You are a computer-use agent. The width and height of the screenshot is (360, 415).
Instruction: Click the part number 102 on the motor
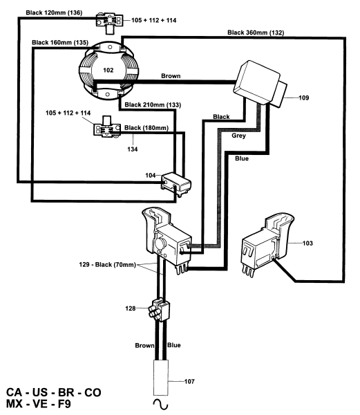pos(108,70)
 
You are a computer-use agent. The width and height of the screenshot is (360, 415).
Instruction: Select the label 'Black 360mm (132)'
pos(256,33)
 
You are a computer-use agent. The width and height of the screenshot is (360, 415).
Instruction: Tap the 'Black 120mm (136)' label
pos(54,12)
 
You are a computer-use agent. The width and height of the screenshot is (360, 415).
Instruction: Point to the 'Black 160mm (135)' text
pos(60,42)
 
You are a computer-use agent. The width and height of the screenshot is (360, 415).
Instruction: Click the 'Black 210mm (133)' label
pos(153,105)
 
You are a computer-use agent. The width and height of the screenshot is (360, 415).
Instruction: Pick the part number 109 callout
pos(304,98)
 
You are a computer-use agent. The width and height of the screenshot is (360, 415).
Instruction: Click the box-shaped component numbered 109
pos(260,84)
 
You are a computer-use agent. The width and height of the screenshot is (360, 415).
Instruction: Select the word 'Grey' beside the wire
pos(238,136)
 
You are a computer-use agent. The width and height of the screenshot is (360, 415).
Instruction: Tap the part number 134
pos(133,149)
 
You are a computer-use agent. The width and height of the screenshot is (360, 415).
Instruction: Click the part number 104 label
pos(151,175)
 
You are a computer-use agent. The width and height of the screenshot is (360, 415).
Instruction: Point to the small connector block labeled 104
pos(176,184)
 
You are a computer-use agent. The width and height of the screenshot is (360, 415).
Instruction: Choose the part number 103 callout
pos(307,243)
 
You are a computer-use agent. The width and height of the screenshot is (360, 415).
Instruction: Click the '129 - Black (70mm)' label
pos(107,264)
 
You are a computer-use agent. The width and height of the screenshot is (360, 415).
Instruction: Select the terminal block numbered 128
pos(159,309)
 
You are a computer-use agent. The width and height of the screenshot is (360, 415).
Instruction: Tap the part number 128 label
pos(131,308)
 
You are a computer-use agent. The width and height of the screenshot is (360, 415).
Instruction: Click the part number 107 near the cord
pos(189,381)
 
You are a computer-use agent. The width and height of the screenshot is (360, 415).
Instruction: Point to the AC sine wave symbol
pos(160,405)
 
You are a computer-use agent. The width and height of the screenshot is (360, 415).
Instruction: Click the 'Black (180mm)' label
pos(146,128)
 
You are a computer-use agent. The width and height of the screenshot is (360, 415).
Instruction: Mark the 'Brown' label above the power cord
pos(144,345)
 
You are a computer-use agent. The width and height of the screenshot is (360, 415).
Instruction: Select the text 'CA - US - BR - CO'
pos(54,392)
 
